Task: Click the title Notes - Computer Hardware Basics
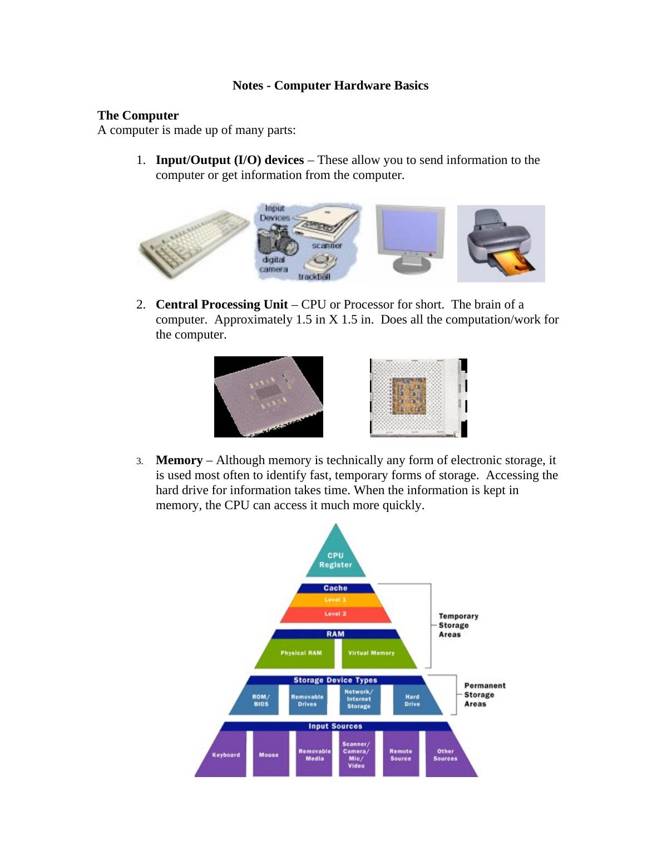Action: (330, 86)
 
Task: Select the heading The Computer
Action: (138, 116)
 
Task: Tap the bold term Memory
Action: (179, 460)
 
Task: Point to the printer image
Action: (501, 243)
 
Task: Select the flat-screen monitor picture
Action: (410, 239)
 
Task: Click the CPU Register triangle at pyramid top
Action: (335, 559)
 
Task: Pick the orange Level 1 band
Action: (335, 600)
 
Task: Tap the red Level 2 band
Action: (335, 614)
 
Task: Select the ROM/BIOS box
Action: (260, 700)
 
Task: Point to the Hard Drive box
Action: (413, 700)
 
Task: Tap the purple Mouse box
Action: (269, 755)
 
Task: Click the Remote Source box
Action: (401, 755)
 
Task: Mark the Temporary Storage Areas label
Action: (458, 625)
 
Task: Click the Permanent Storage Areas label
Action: (484, 695)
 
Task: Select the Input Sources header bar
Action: (335, 726)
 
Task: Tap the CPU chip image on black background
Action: (268, 396)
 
